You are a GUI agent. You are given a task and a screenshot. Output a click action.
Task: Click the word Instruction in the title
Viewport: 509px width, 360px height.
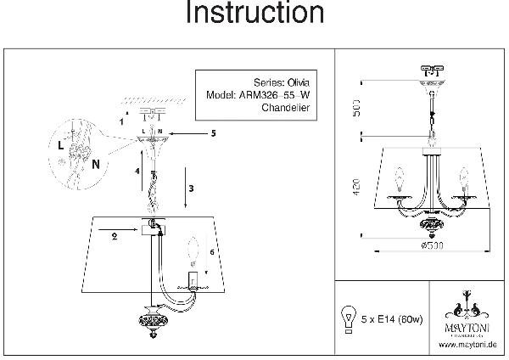click(255, 14)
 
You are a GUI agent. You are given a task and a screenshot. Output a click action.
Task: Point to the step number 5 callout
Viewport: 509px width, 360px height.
click(214, 133)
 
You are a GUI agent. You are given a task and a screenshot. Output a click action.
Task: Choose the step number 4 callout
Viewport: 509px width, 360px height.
click(135, 172)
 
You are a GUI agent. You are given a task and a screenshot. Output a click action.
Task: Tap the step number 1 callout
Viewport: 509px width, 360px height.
click(120, 120)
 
